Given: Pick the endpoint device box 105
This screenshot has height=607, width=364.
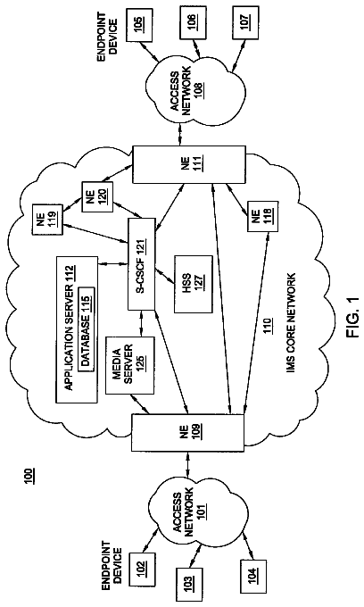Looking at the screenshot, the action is point(138,23).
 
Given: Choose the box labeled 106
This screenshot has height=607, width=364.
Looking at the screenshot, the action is point(192,23).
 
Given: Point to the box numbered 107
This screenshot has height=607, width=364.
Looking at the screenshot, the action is point(245,22).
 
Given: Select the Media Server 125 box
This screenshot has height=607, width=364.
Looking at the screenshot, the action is point(130,365).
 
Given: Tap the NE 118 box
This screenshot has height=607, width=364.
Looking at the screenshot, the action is point(262,216).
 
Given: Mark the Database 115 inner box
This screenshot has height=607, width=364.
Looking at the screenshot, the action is point(86,329).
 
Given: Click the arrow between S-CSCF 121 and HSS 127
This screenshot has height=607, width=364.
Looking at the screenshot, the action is point(164,277).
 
